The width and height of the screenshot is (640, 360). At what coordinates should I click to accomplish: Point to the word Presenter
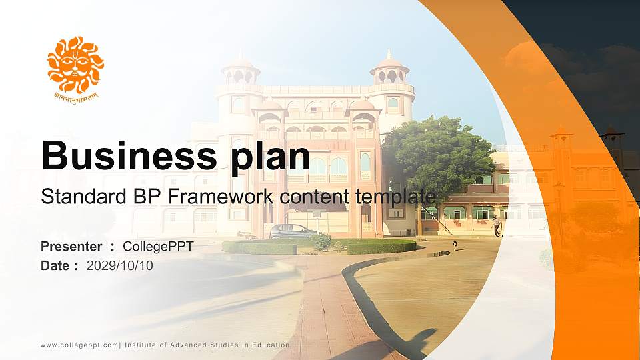point(71,247)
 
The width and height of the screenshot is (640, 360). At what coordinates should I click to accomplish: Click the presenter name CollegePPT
point(158,247)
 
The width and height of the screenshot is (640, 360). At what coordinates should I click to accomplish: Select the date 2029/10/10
point(120,266)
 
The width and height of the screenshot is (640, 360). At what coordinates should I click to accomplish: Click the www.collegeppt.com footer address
point(79,345)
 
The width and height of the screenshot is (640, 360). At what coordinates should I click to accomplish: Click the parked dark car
point(292,231)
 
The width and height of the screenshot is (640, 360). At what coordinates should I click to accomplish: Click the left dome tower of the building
point(240,71)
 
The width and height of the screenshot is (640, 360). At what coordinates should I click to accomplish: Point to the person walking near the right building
point(496,225)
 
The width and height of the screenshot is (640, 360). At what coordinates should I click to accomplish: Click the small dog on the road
point(455,246)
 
